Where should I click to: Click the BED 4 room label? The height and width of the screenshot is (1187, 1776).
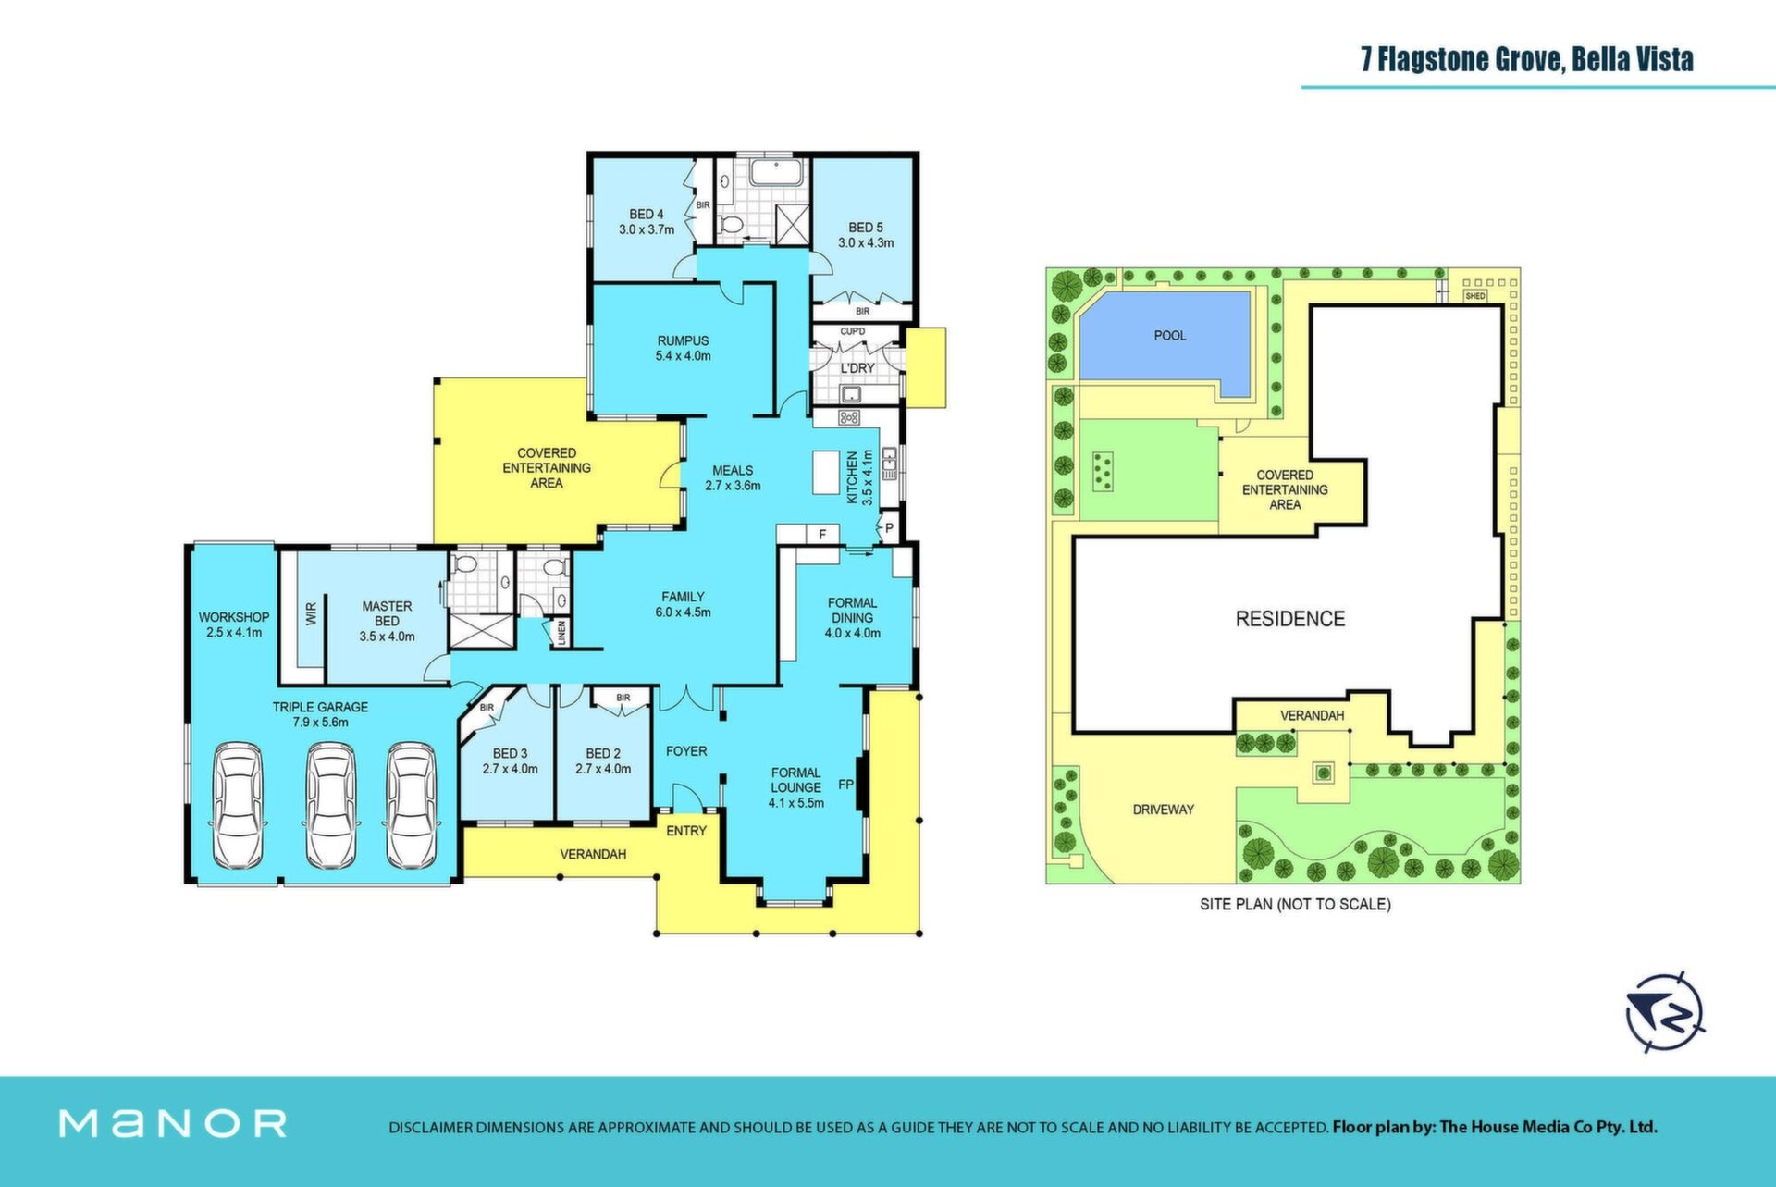647,215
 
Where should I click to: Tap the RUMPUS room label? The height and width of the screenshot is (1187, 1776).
683,340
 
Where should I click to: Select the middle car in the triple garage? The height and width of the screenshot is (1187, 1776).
330,806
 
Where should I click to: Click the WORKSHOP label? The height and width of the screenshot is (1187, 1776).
234,617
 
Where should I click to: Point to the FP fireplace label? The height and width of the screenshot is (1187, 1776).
845,785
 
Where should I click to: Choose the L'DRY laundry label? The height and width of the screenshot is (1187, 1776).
857,368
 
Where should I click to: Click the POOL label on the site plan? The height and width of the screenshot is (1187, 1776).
1170,335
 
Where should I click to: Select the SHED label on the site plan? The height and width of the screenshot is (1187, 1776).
1475,296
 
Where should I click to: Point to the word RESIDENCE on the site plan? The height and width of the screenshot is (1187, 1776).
1290,619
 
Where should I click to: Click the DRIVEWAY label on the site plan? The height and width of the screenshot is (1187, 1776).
1164,810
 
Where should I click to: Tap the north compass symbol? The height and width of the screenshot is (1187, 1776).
1665,1012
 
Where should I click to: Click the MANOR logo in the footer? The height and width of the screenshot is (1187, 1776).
173,1124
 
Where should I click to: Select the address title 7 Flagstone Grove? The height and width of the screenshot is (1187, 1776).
1461,59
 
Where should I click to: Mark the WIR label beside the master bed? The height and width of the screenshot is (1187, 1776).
311,613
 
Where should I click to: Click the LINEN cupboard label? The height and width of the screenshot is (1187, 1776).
561,633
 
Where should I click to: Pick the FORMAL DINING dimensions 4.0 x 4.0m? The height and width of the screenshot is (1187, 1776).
853,634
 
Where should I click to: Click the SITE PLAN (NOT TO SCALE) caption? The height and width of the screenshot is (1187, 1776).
1295,904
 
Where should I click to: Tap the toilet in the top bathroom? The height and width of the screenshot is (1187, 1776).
733,225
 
